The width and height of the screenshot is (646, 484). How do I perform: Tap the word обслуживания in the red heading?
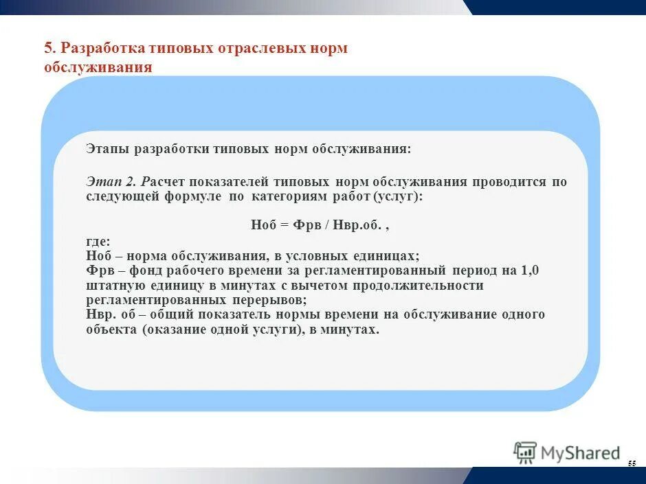98,68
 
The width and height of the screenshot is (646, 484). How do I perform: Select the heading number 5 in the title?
48,49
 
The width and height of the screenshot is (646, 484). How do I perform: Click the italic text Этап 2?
113,182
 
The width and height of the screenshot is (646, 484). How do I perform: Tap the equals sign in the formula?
287,225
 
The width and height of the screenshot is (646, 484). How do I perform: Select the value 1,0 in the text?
530,270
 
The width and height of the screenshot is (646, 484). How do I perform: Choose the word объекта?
112,330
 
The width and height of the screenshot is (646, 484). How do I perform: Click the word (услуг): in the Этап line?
398,196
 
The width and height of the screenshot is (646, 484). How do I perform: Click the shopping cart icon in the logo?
526,452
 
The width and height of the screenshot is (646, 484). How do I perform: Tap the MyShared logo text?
580,453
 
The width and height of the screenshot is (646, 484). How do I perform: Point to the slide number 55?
632,465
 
